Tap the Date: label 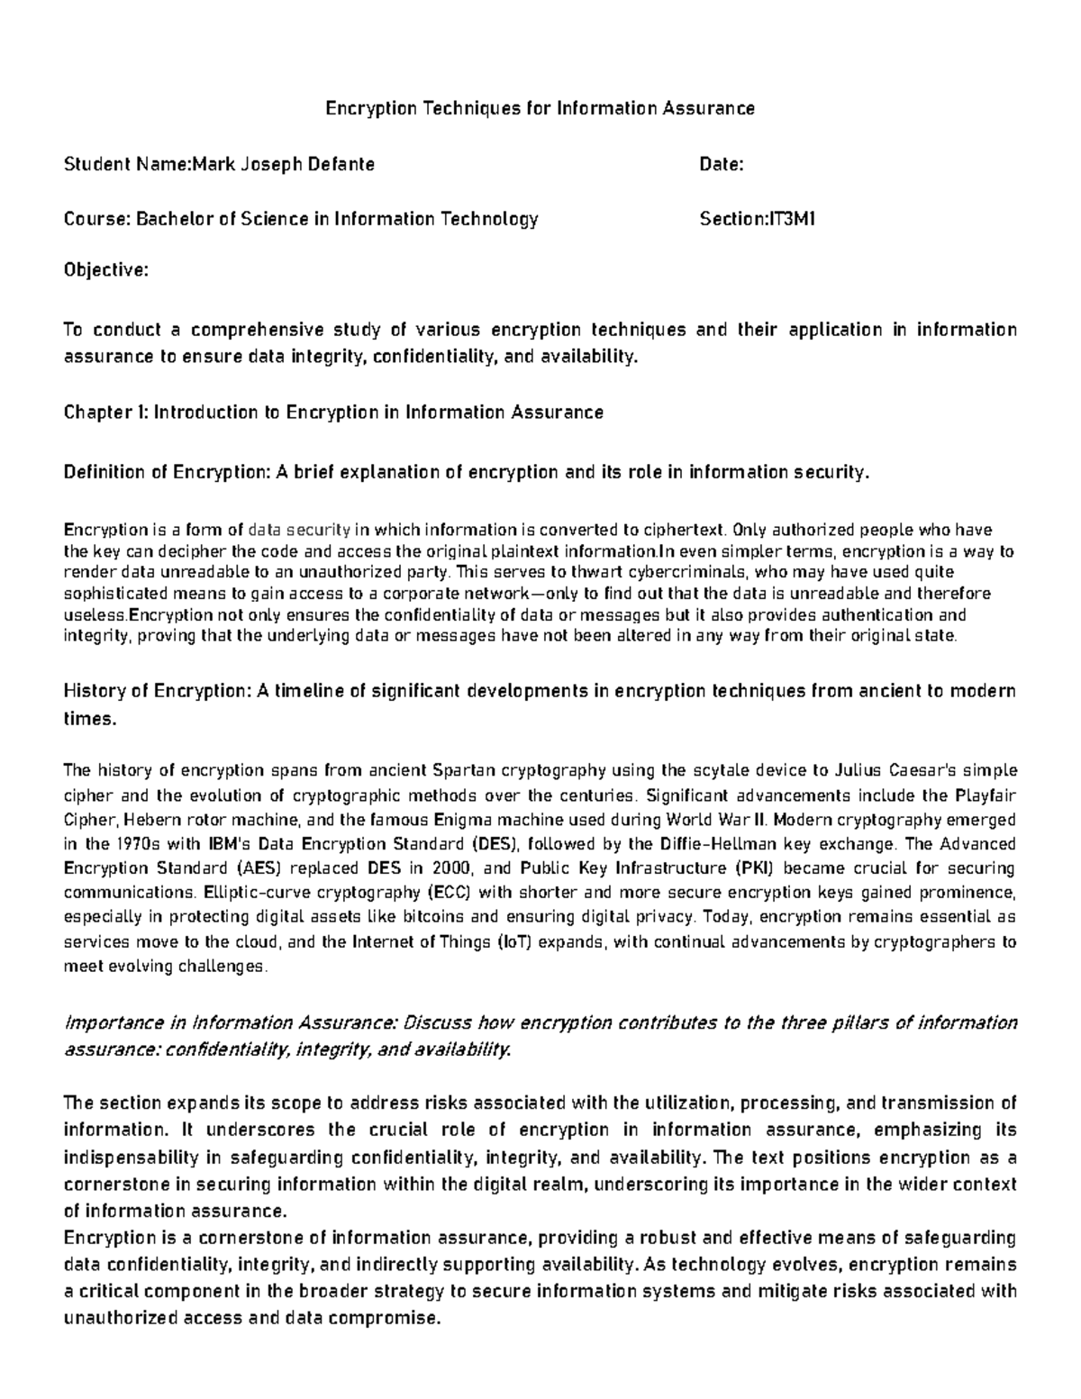[721, 164]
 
